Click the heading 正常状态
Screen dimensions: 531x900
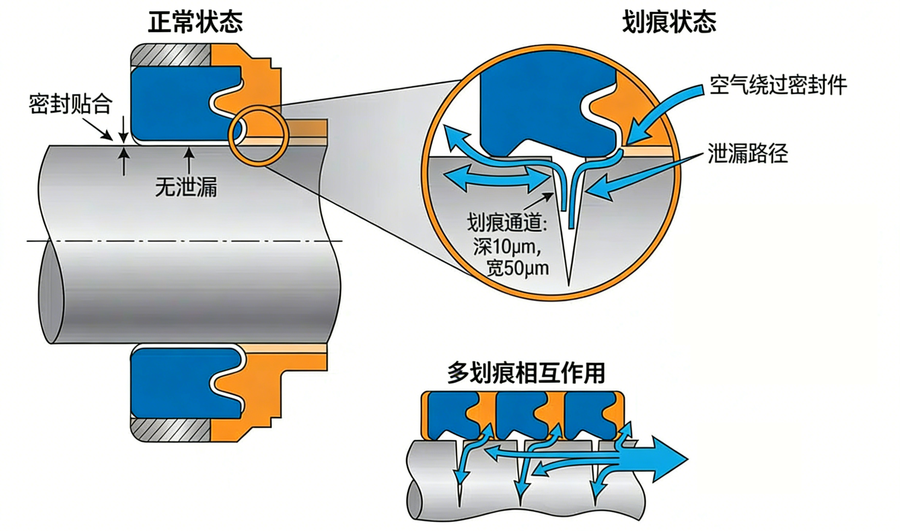(x=195, y=23)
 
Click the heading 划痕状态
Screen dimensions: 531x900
(x=669, y=23)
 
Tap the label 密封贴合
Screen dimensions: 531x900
(x=70, y=105)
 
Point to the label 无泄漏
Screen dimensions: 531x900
(x=186, y=187)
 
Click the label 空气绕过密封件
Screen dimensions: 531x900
(x=777, y=86)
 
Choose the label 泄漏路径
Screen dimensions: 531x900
(x=748, y=153)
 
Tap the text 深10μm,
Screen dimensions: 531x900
(x=507, y=247)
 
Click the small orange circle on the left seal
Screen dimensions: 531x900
(x=258, y=135)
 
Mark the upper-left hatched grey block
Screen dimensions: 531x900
(x=171, y=55)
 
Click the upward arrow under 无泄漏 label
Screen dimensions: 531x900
(x=189, y=161)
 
